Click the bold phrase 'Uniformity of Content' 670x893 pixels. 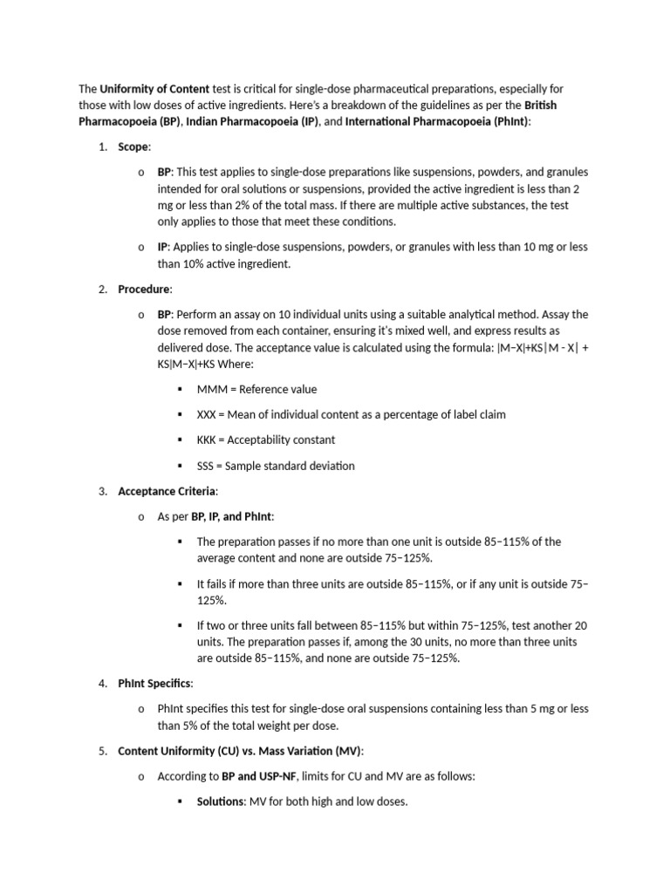coord(154,89)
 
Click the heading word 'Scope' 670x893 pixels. coord(134,147)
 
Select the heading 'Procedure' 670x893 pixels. coord(145,289)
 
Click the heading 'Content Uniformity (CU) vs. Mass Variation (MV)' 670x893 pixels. coord(240,751)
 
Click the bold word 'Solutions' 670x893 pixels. coord(222,801)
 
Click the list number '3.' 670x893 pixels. coord(102,491)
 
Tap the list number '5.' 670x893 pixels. coord(102,751)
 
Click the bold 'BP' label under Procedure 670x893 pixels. coord(165,314)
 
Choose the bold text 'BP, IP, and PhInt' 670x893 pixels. coord(232,516)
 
